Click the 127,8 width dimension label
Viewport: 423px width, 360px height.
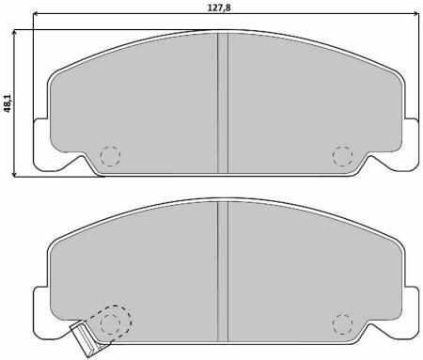click(x=219, y=8)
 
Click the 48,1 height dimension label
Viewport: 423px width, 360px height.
click(x=8, y=102)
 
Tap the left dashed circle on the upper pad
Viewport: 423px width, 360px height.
click(x=110, y=156)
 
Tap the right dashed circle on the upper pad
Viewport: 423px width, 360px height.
click(x=342, y=156)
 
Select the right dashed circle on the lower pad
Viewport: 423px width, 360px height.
click(x=342, y=324)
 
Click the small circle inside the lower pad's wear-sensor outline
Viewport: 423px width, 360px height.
click(x=110, y=324)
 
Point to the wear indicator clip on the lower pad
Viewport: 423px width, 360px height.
click(x=86, y=340)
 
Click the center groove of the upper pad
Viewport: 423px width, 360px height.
click(x=223, y=102)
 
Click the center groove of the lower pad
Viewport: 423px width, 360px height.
click(x=223, y=271)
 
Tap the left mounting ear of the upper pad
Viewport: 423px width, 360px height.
click(x=41, y=145)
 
